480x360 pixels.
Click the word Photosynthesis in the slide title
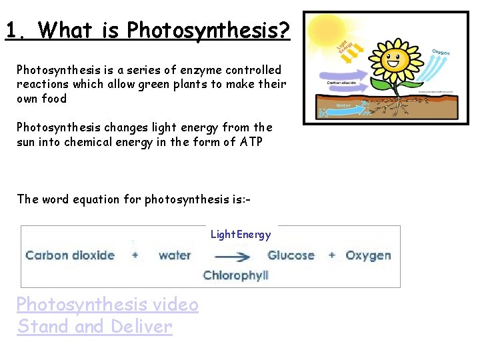point(207,30)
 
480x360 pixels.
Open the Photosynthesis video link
point(107,304)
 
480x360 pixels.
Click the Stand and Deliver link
point(95,327)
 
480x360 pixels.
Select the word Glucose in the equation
point(291,255)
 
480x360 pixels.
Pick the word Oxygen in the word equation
point(369,255)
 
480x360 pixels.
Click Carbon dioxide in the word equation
point(70,255)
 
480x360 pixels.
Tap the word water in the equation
point(175,255)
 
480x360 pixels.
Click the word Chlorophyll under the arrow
point(235,275)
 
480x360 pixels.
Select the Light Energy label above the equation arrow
point(241,234)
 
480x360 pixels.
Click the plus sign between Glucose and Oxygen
point(332,255)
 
